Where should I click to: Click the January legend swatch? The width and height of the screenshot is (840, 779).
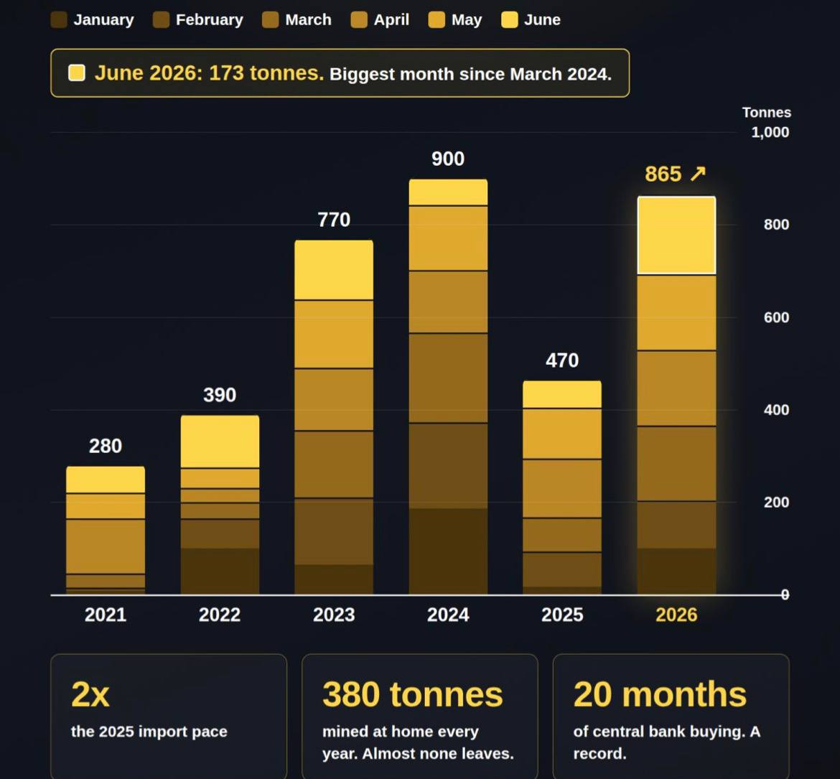tap(59, 20)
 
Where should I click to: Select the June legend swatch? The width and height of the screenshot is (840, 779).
tap(510, 20)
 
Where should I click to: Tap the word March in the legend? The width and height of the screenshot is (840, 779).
tap(308, 20)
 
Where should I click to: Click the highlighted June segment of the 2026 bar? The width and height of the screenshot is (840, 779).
tap(676, 235)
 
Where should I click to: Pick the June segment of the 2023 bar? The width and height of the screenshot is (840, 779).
tap(334, 270)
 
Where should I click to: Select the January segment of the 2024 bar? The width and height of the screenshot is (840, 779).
tap(449, 551)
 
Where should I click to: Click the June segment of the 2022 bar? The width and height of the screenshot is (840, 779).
tap(220, 442)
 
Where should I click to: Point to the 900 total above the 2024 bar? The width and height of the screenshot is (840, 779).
tap(449, 159)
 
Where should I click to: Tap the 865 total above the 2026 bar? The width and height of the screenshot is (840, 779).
tap(663, 174)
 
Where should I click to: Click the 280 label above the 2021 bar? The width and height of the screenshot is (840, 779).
tap(106, 446)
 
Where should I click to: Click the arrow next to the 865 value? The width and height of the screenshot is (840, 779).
tap(698, 174)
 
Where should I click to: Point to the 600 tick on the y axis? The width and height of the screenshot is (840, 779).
tap(776, 317)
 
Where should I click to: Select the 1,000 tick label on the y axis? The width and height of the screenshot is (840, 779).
tap(770, 132)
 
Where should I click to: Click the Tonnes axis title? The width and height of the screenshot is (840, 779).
tap(767, 113)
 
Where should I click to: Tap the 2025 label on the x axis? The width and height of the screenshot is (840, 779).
tap(562, 615)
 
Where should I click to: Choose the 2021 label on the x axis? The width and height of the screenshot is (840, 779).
tap(106, 615)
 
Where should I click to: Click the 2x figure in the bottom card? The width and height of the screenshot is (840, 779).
tap(90, 694)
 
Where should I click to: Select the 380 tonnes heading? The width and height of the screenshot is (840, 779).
tap(413, 694)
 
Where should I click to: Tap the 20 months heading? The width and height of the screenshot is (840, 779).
tap(660, 694)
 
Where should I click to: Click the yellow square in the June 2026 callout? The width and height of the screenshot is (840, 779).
tap(77, 73)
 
